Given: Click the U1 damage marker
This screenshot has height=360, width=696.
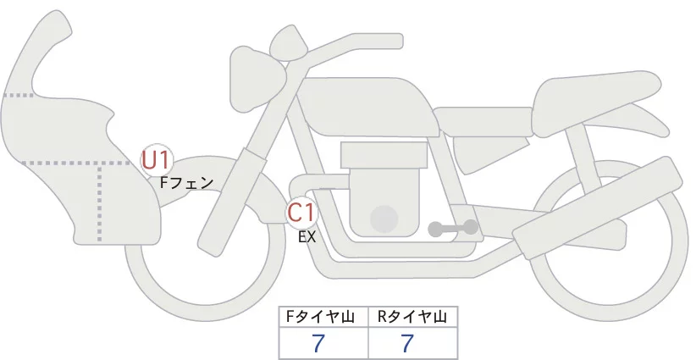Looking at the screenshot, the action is click(x=157, y=158).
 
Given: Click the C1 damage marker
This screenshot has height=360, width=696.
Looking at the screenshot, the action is click(x=301, y=212).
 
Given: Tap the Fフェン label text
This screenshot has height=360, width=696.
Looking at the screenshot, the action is click(x=186, y=181).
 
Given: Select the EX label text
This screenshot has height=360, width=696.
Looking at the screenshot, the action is click(x=307, y=237).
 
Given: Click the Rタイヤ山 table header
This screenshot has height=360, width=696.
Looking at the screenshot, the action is click(x=412, y=317).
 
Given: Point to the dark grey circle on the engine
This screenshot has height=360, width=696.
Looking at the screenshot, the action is click(x=385, y=219).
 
